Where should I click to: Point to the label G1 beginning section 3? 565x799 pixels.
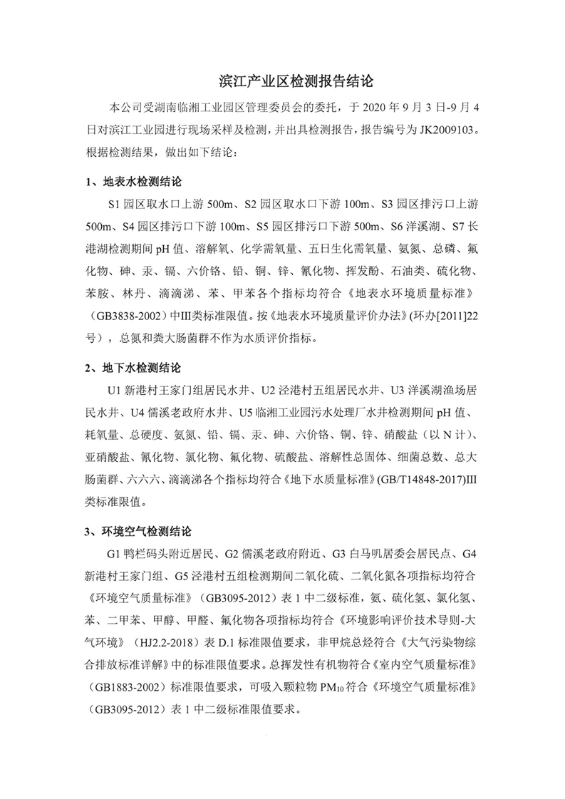115,553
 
